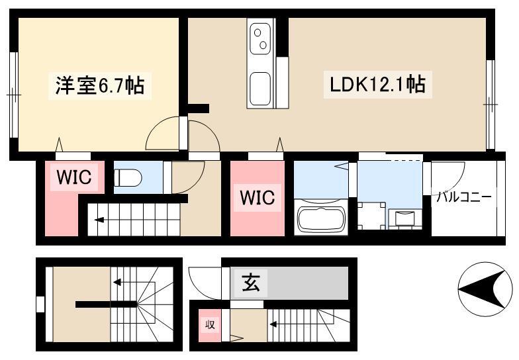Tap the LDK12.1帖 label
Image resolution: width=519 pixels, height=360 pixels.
tap(377, 85)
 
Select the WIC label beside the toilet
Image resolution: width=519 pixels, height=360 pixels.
tap(74, 177)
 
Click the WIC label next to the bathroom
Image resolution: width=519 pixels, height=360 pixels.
tap(257, 197)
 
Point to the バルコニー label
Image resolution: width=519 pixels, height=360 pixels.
tap(463, 197)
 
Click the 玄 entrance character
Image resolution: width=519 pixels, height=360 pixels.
tap(250, 283)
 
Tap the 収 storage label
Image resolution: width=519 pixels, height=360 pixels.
tap(210, 324)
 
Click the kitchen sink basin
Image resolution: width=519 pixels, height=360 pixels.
tap(260, 89)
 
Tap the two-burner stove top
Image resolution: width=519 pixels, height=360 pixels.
tap(260, 38)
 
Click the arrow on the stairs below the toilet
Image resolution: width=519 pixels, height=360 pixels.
tap(99, 220)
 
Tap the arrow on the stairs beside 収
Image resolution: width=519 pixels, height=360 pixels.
tap(274, 324)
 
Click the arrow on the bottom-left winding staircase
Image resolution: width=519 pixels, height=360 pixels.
tap(118, 282)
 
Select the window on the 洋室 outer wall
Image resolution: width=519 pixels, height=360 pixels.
tap(13, 95)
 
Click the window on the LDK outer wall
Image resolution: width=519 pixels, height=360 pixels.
tap(490, 105)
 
